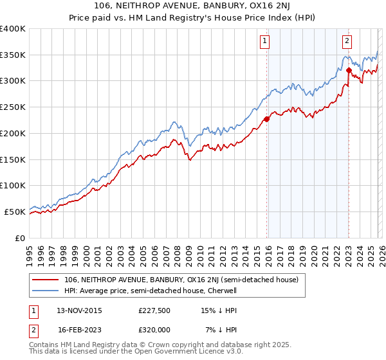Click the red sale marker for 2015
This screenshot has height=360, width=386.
(266, 118)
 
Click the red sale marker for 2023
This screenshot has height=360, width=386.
(349, 70)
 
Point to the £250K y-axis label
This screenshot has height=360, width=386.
(13, 107)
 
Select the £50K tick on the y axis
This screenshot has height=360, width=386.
(15, 212)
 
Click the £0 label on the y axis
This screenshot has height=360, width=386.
(21, 238)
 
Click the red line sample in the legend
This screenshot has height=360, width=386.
(46, 280)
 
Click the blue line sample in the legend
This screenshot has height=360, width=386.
(46, 291)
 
